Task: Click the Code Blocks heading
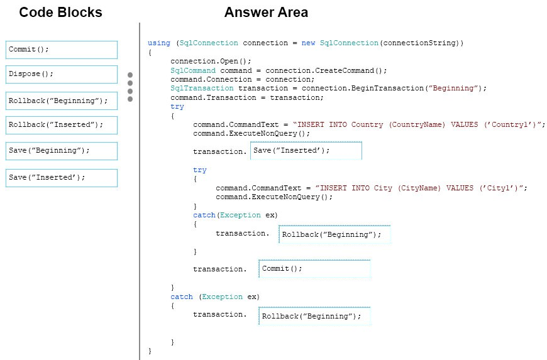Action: tap(60, 12)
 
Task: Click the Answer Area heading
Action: tap(266, 12)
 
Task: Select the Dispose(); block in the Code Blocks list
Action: tap(62, 74)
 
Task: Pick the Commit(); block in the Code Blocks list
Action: tap(62, 50)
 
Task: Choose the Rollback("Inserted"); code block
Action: tap(62, 126)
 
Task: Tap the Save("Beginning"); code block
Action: tap(62, 151)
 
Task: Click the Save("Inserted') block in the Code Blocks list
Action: tap(62, 178)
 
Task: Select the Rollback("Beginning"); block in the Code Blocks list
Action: tap(62, 101)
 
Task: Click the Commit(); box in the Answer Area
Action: tap(314, 269)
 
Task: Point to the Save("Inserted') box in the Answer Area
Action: tap(306, 151)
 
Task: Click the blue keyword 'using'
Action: tap(158, 43)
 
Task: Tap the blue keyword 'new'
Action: tap(308, 43)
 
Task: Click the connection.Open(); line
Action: tap(211, 61)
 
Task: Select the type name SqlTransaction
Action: tap(202, 88)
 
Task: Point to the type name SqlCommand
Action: tap(193, 70)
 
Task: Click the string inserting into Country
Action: tap(419, 124)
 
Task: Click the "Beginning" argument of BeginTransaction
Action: tap(453, 88)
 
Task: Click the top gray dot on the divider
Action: tap(130, 75)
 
